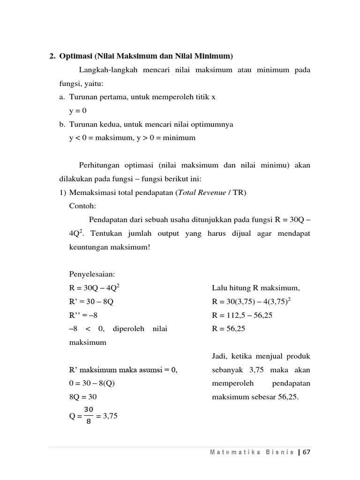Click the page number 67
pos(307,452)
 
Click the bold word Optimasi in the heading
pos(76,56)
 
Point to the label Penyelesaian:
pos(92,274)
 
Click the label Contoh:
pos(82,205)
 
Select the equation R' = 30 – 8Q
pos(91,302)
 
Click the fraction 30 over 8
pos(89,415)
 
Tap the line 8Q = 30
pos(82,397)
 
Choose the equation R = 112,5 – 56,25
pos(242,315)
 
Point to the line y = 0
pos(78,111)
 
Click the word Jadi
pos(220,356)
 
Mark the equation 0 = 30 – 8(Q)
pos(92,383)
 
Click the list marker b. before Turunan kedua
pos(62,124)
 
